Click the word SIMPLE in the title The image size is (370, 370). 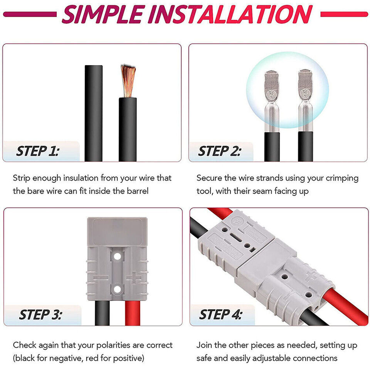pos(101,14)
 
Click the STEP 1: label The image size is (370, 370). pos(37,151)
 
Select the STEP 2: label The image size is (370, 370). pos(219,151)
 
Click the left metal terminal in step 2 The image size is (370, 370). pos(272,100)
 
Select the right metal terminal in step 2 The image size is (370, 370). pos(305,100)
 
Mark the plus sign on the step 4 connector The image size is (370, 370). pos(311,276)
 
